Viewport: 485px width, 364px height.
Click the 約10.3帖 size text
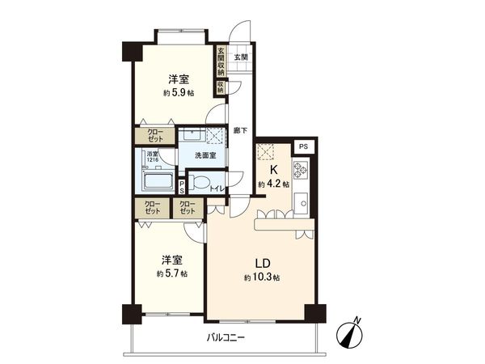262,278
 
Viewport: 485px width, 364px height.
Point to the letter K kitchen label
274,171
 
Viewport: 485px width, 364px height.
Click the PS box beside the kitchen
303,146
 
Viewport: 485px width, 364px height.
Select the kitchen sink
302,202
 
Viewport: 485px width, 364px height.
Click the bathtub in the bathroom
158,180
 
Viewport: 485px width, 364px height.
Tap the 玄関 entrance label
240,57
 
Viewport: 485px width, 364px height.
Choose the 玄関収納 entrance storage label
220,61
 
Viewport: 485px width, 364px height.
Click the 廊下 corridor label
239,129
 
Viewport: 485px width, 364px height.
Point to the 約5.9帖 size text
179,93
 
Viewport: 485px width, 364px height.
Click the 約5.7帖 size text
172,274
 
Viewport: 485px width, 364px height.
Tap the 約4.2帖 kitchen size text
274,185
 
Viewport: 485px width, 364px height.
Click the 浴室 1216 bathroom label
153,156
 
